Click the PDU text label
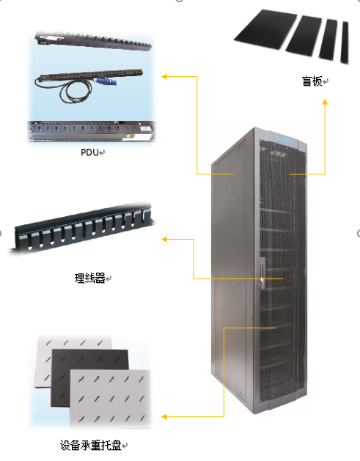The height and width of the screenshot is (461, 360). coord(89,152)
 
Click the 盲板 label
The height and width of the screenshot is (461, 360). coord(312,81)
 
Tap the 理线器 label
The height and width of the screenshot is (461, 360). coord(89,278)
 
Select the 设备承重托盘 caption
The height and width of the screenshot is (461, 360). coord(91,445)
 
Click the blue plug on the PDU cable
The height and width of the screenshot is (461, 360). coord(105,81)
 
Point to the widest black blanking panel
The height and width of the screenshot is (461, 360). coord(265,29)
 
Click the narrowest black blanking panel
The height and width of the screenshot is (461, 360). coord(345,42)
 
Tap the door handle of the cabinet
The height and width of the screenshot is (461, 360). coord(262,273)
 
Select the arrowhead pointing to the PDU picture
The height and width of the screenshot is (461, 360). coord(164,77)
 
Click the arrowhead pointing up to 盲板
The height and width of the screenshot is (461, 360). coord(325,102)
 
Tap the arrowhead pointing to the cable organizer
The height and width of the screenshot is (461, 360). coord(164,240)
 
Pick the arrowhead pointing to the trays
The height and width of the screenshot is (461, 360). coord(164,416)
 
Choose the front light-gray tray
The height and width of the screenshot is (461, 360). coord(110,399)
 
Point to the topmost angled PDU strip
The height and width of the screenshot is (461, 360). coord(94,40)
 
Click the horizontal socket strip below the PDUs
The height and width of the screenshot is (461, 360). coord(91,131)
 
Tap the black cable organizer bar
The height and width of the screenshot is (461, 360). coord(81,228)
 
